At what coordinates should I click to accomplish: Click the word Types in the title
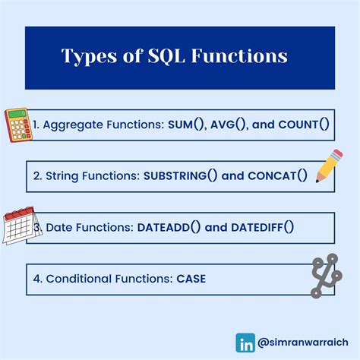pyautogui.click(x=89, y=57)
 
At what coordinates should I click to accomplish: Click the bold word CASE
pyautogui.click(x=190, y=279)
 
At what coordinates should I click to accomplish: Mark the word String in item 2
pyautogui.click(x=63, y=175)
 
